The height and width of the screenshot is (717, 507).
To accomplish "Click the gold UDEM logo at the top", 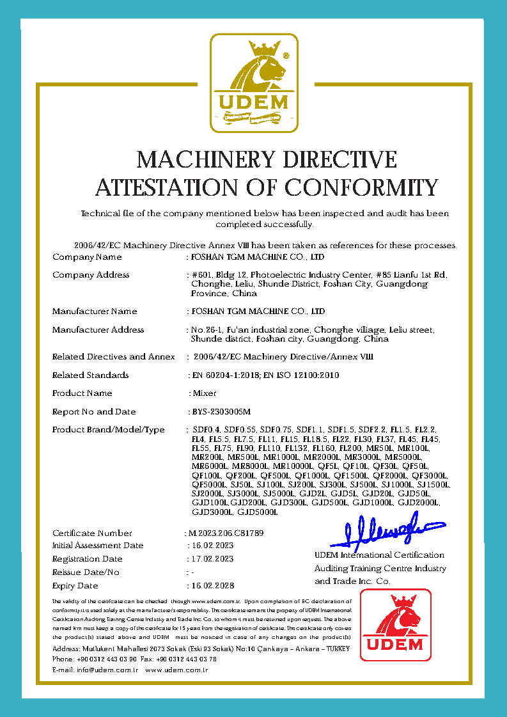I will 254,83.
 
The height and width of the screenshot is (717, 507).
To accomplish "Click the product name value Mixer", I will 203,393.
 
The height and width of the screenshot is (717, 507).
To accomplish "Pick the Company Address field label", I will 91,274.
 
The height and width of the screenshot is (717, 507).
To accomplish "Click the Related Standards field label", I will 90,375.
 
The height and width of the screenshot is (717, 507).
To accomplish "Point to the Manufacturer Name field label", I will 95,311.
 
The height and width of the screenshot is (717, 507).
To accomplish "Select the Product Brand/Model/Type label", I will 108,430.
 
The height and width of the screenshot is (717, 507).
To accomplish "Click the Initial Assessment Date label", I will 98,546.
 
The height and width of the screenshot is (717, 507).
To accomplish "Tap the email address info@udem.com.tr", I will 95,670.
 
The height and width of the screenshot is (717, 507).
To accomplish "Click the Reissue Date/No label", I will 86,572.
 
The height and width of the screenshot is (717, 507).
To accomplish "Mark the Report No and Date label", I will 94,411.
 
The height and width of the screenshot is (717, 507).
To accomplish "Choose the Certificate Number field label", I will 92,533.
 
